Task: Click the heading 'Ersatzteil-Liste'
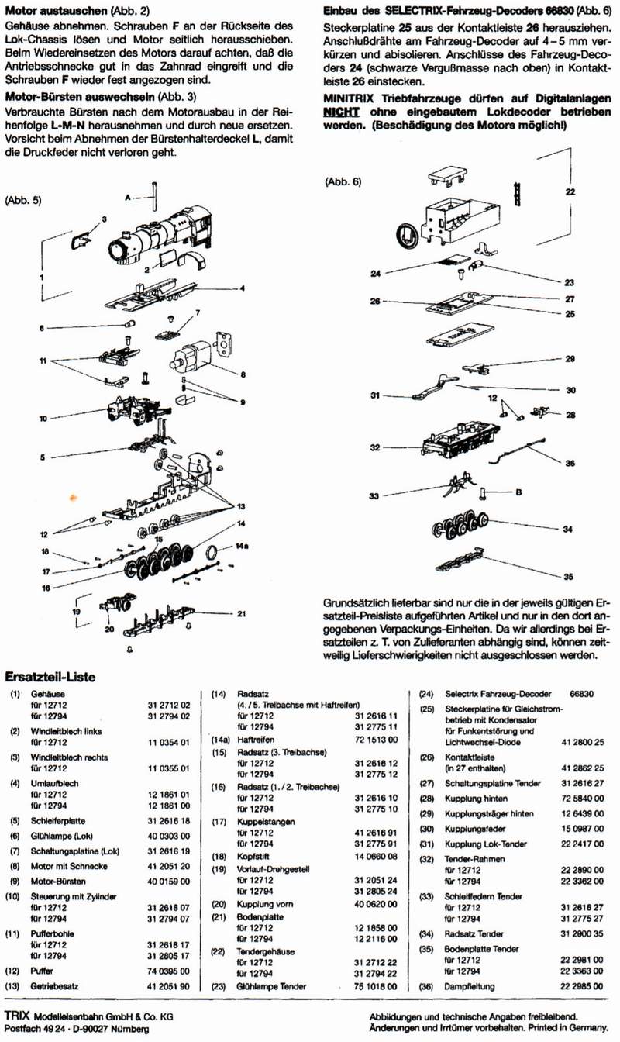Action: [50, 677]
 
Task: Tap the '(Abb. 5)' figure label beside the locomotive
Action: [23, 199]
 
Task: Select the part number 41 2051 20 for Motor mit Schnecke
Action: [168, 866]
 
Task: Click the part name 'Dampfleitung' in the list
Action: [470, 986]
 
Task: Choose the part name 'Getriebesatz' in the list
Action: [55, 986]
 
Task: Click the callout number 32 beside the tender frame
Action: [375, 448]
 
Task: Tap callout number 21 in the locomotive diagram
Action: [241, 615]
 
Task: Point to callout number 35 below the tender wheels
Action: [569, 577]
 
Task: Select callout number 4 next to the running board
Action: [243, 288]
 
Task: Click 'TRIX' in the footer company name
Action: [18, 1015]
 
